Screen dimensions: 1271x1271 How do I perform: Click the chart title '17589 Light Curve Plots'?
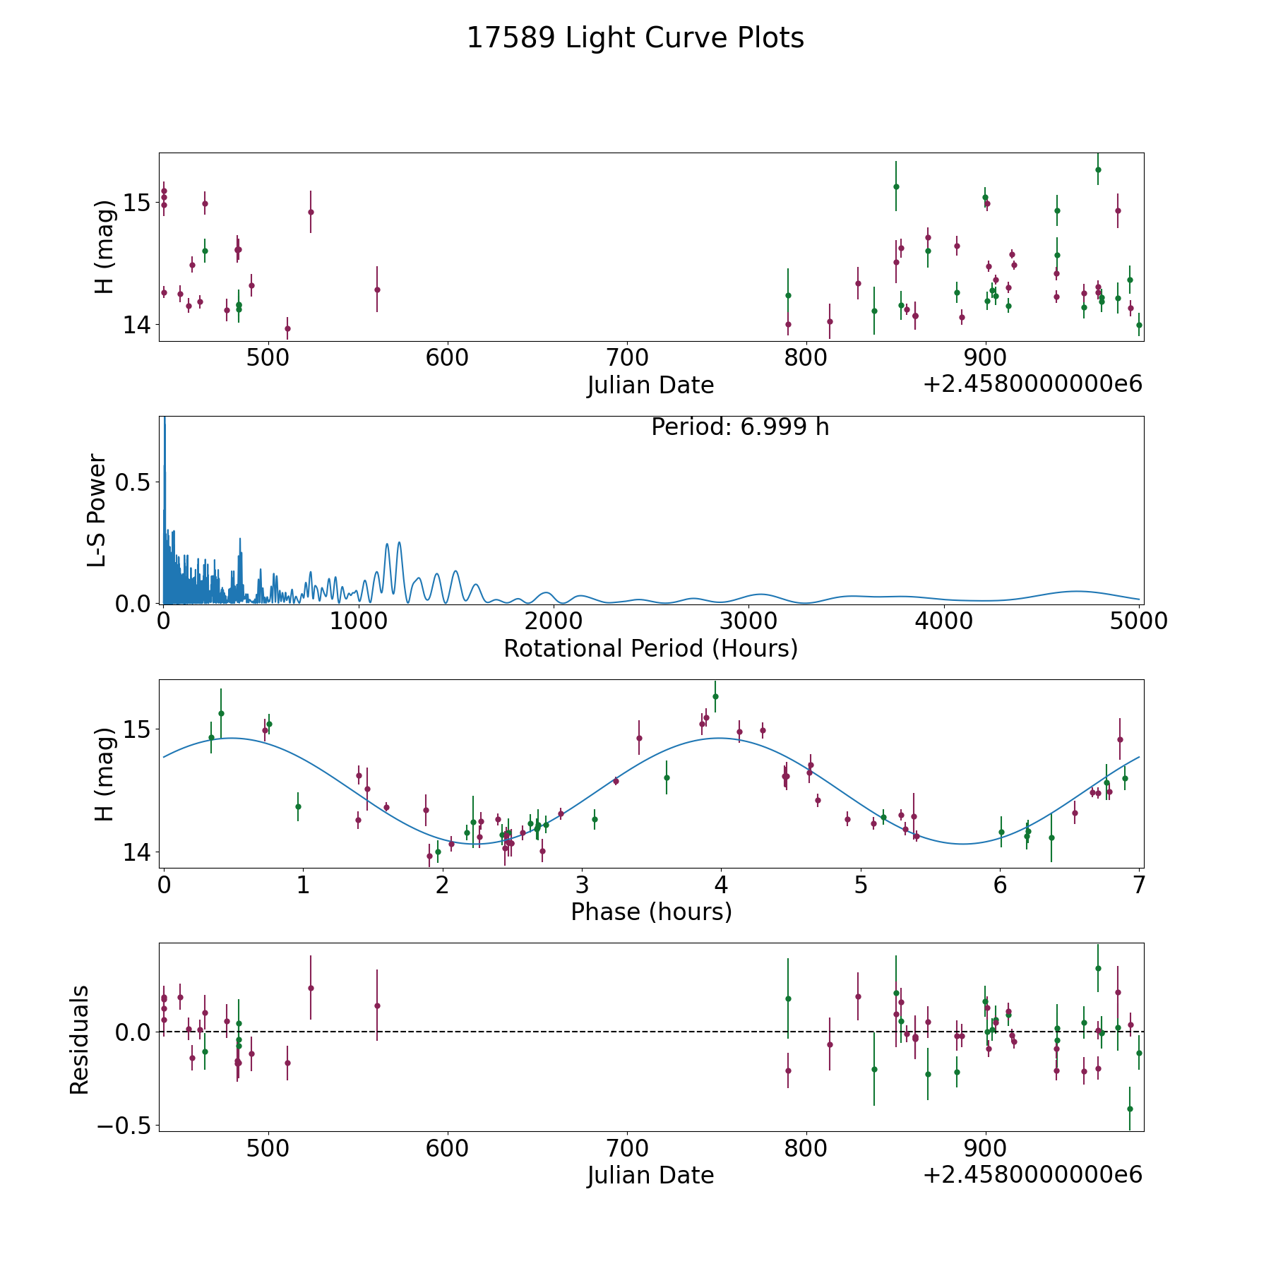pos(635,38)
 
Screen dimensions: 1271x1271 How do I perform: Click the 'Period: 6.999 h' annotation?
pos(740,427)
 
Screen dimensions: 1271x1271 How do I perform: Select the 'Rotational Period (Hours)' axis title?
pos(651,648)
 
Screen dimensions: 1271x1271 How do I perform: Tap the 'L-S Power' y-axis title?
pos(97,510)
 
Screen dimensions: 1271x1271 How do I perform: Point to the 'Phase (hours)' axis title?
pos(651,912)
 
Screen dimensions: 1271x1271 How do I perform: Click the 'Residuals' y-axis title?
pos(80,1039)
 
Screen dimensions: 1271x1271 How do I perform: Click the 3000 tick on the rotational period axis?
pos(749,621)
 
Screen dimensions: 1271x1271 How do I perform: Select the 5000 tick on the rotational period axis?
pos(1139,621)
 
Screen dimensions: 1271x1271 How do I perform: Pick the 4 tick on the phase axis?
pos(721,885)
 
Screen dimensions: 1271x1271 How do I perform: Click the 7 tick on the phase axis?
pos(1139,885)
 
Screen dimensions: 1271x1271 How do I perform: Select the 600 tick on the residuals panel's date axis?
pos(448,1148)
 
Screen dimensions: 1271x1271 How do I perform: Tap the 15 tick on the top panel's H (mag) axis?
pos(136,203)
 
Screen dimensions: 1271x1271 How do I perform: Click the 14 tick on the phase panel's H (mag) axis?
pos(136,852)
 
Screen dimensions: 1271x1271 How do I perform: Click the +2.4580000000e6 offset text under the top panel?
pos(1032,385)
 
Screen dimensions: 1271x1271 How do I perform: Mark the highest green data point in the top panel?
pos(1098,169)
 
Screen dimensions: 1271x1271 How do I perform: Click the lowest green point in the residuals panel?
pos(1130,1109)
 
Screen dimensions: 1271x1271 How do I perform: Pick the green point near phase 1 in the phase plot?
pos(298,806)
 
